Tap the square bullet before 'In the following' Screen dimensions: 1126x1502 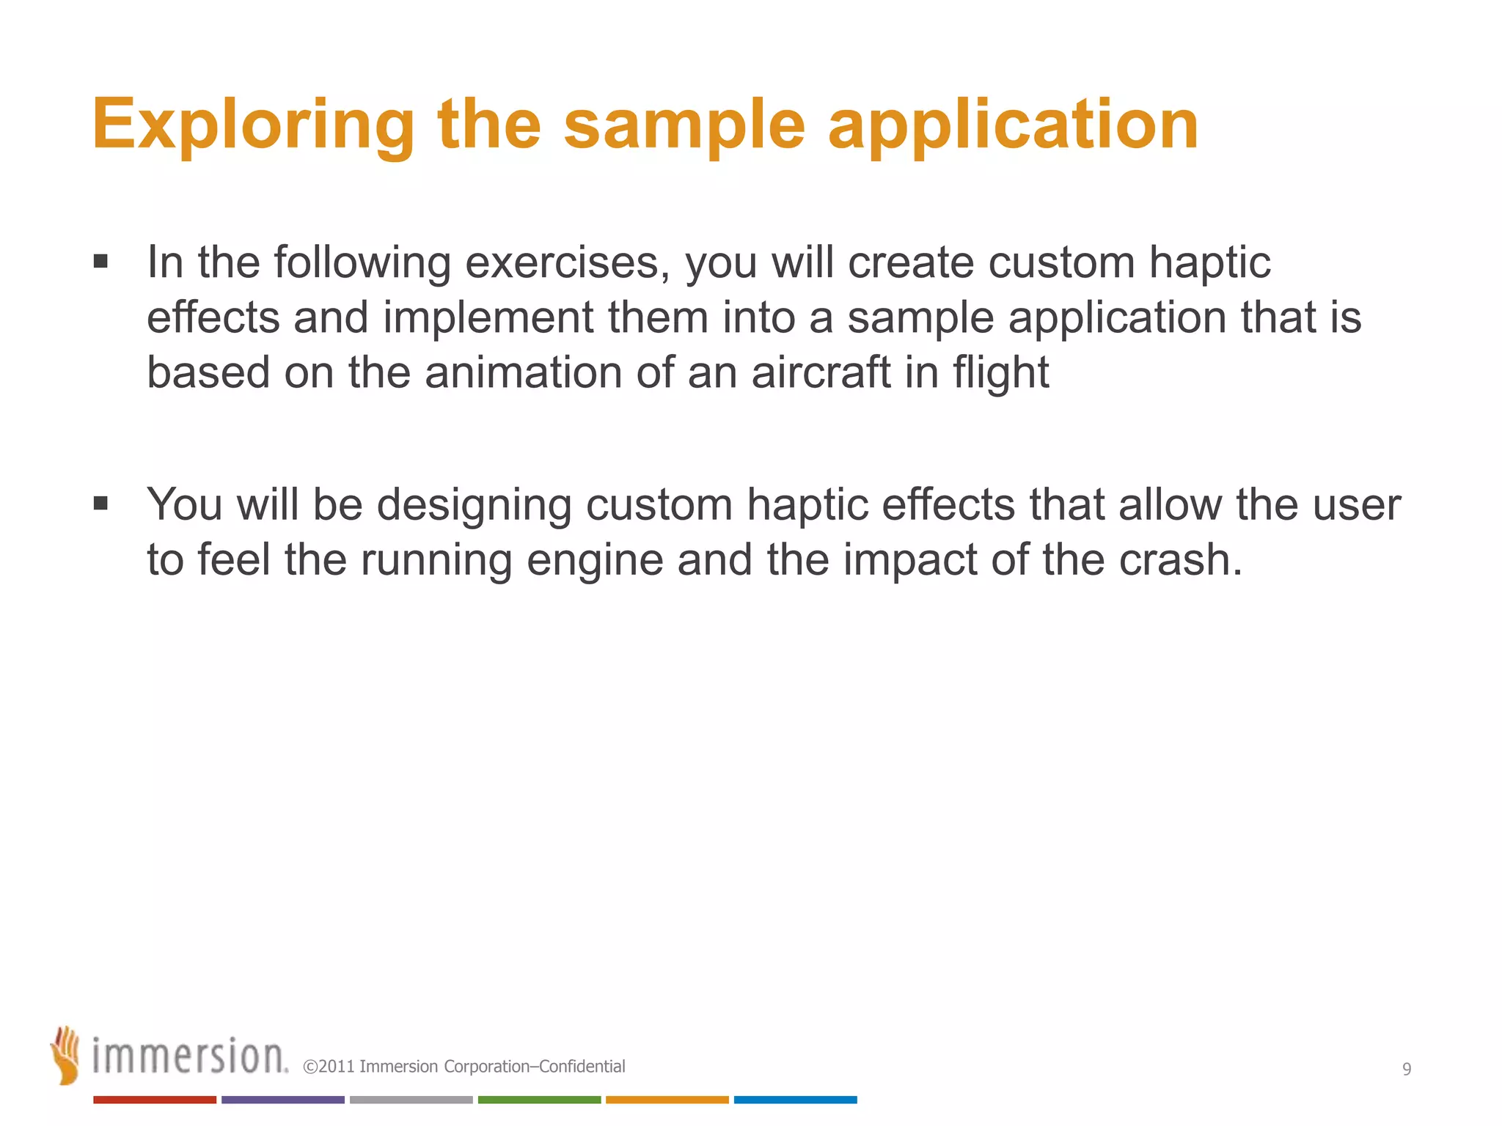point(101,262)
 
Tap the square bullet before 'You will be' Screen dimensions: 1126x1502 point(101,504)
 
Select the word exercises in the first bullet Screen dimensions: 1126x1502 point(567,262)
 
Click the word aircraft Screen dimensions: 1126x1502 point(821,372)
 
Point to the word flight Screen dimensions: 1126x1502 point(1000,372)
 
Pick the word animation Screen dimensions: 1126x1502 point(523,372)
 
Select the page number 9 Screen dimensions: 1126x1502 point(1406,1069)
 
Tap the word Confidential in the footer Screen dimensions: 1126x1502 point(582,1067)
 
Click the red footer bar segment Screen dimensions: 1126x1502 point(155,1100)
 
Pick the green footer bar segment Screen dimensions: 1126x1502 point(539,1100)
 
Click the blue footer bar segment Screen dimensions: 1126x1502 point(795,1100)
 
